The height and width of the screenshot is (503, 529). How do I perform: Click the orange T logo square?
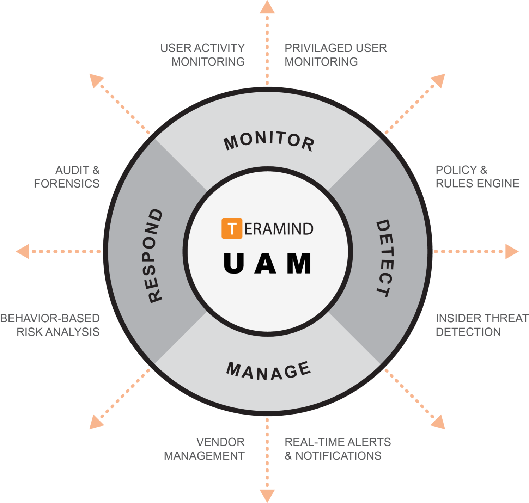click(232, 228)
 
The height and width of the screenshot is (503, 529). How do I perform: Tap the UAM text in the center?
click(268, 263)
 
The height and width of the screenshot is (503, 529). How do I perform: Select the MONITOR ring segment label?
click(269, 141)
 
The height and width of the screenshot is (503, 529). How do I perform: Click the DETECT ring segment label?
click(384, 258)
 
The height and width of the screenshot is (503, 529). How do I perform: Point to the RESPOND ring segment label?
click(154, 256)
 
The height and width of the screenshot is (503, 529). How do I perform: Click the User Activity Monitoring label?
click(203, 55)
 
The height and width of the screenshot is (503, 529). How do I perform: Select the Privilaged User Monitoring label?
click(335, 55)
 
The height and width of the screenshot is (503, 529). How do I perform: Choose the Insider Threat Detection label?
click(482, 325)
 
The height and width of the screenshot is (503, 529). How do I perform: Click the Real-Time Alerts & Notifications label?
click(338, 449)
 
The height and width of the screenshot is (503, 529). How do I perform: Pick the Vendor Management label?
click(205, 449)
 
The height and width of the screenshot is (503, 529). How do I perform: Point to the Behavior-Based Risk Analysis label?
click(50, 325)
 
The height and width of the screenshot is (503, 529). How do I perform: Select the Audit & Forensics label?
click(67, 177)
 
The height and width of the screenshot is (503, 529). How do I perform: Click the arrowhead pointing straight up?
click(267, 7)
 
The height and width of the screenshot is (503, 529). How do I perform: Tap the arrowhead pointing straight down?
click(267, 495)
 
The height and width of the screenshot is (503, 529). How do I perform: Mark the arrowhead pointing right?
click(512, 251)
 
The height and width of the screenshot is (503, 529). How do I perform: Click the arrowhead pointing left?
click(23, 251)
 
